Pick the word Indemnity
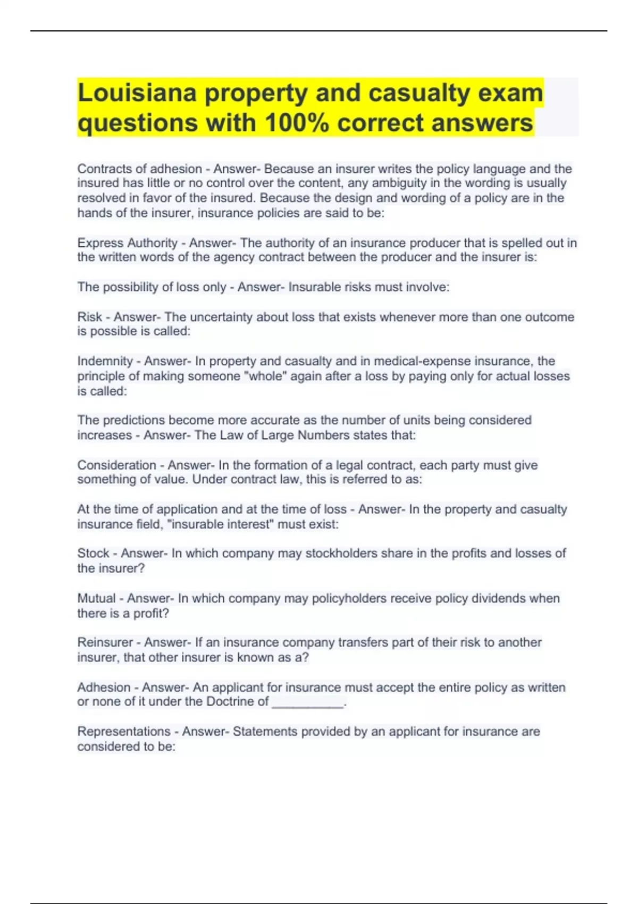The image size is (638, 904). pos(105,361)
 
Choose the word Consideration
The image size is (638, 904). pos(116,465)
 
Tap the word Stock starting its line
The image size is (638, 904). pos(94,554)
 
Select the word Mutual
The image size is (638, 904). pos(96,599)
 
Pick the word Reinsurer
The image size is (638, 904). pos(104,642)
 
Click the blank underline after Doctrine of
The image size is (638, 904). pos(308,702)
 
